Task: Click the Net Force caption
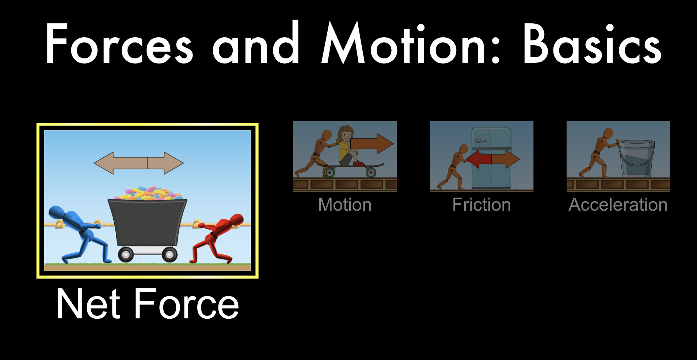(148, 304)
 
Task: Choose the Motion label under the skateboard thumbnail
(345, 204)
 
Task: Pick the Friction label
(481, 204)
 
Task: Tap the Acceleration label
(618, 204)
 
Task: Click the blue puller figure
(78, 234)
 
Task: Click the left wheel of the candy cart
(126, 254)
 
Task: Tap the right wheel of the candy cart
(170, 254)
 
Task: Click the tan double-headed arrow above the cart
(139, 163)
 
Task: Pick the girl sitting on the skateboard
(349, 146)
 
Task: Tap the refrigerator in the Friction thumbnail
(491, 158)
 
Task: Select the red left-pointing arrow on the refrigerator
(479, 159)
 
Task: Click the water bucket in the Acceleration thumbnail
(636, 158)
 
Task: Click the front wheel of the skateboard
(371, 172)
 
